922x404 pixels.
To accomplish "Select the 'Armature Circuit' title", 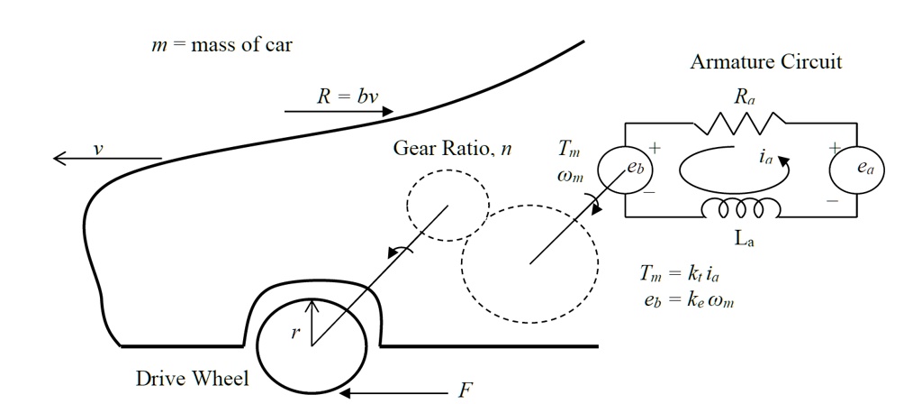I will [766, 62].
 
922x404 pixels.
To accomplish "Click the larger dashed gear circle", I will [529, 264].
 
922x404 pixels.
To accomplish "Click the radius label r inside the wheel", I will [294, 333].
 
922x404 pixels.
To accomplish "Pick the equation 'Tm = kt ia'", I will [685, 274].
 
